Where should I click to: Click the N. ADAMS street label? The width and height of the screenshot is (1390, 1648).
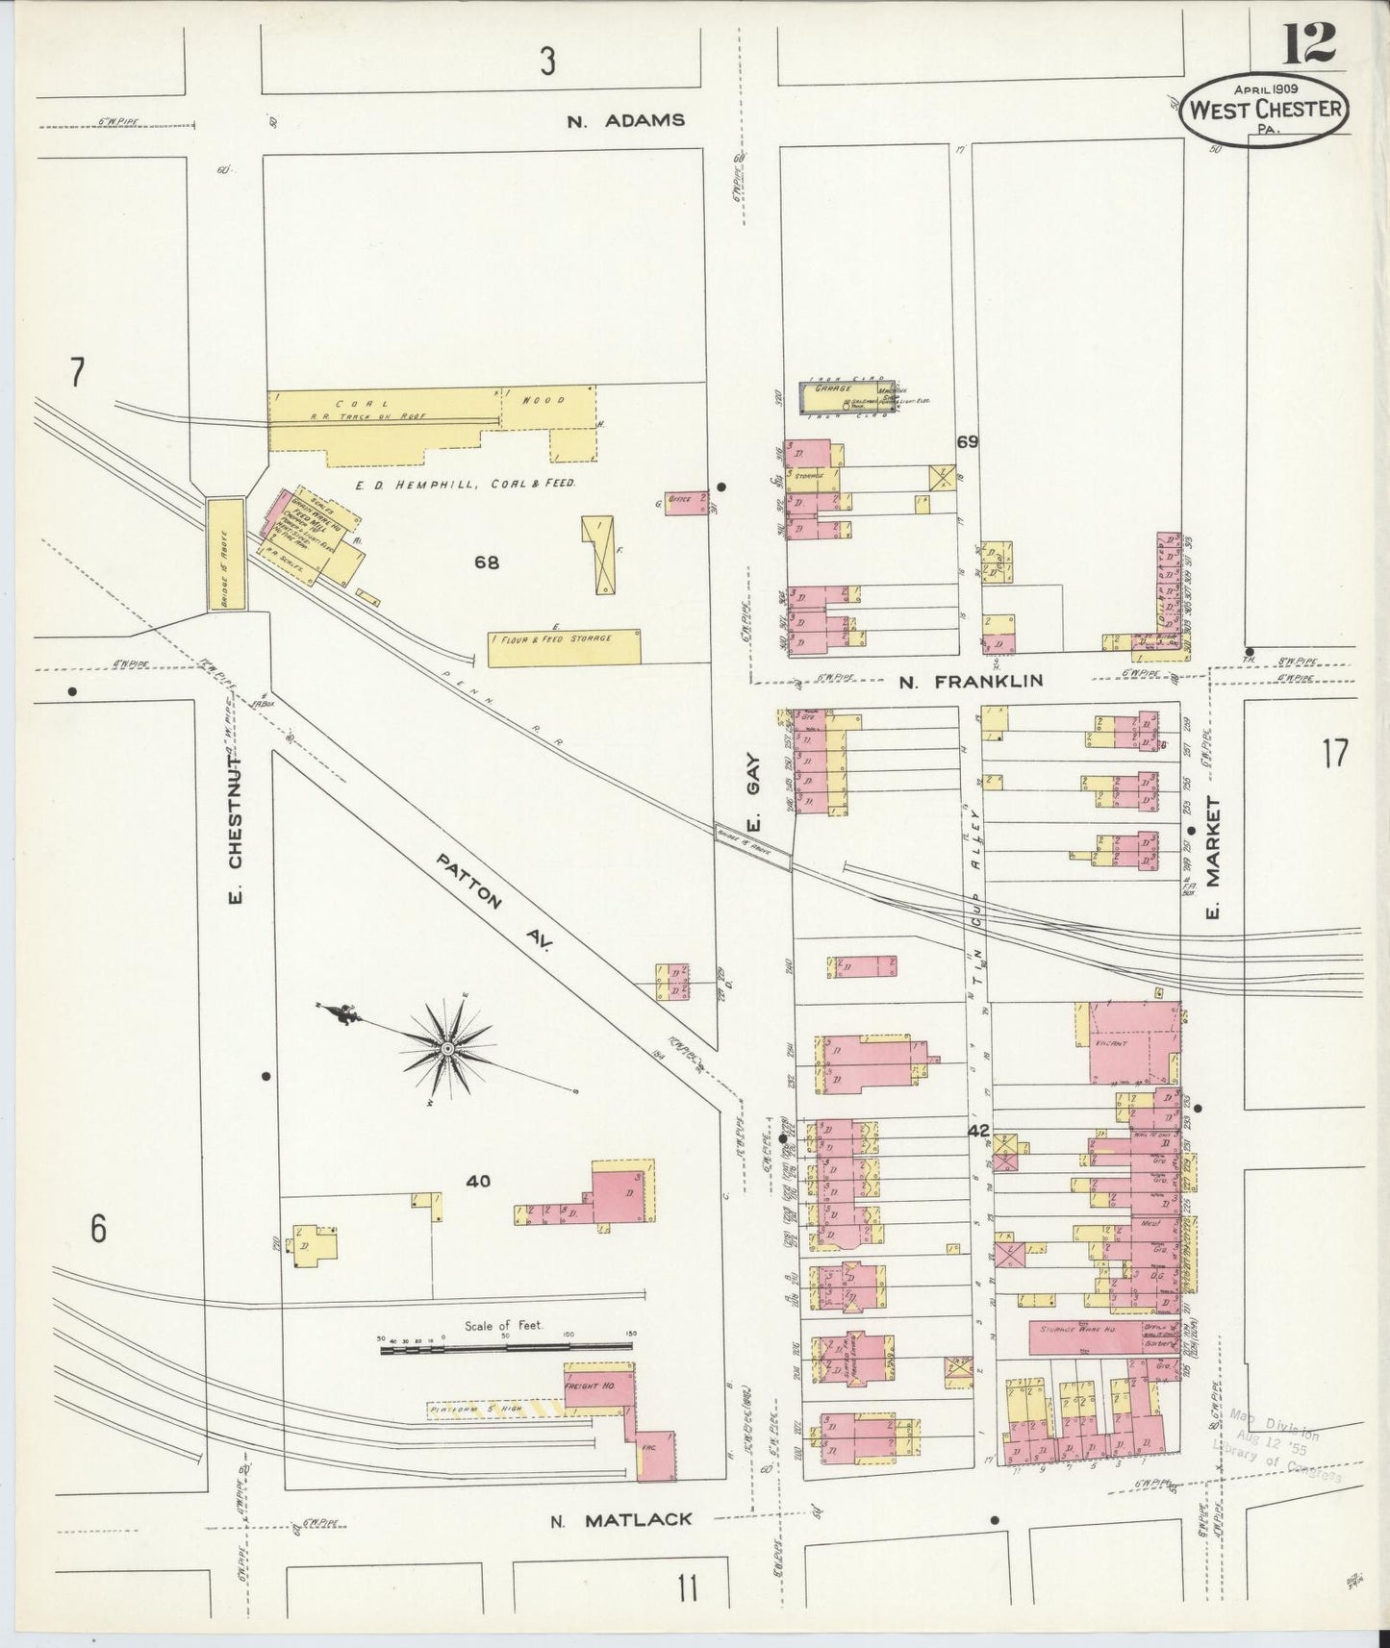pyautogui.click(x=625, y=120)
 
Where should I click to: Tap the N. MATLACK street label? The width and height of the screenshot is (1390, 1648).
pyautogui.click(x=620, y=1519)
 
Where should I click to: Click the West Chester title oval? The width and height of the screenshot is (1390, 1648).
pyautogui.click(x=1263, y=111)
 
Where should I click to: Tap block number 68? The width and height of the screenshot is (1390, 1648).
pyautogui.click(x=486, y=563)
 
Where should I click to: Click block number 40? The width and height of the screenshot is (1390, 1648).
pyautogui.click(x=478, y=1181)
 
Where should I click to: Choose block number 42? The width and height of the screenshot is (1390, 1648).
pyautogui.click(x=978, y=1132)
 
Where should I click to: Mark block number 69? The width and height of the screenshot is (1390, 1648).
pyautogui.click(x=967, y=441)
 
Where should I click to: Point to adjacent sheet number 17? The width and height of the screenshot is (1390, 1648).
pyautogui.click(x=1334, y=754)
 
